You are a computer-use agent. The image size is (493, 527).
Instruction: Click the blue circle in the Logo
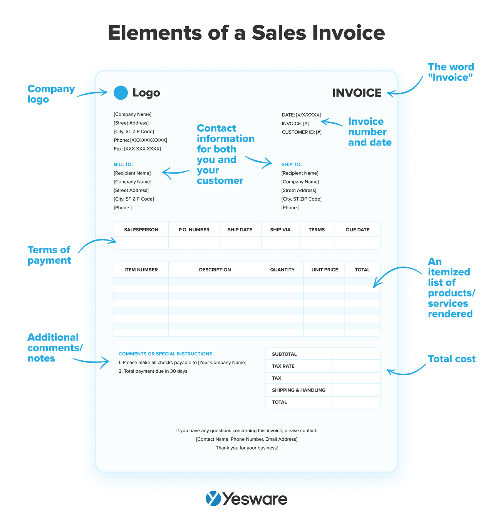121,93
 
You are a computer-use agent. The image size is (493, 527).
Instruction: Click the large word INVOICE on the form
357,93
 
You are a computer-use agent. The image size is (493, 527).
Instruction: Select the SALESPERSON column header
141,230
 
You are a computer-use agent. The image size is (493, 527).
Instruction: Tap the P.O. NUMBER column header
194,230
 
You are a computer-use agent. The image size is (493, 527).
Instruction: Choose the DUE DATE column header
357,230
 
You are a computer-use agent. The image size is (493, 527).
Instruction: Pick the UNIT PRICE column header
325,270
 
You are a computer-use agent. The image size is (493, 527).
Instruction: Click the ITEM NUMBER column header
141,270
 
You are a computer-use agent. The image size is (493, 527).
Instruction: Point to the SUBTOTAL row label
284,354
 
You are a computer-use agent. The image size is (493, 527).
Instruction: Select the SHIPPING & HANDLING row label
298,390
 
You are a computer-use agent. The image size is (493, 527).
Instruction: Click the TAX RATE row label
283,366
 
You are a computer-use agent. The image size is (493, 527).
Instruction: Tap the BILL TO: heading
123,164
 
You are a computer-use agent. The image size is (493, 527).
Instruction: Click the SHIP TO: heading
292,164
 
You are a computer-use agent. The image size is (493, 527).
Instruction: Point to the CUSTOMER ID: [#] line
302,132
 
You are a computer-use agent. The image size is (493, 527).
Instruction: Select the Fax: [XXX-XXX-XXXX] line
137,149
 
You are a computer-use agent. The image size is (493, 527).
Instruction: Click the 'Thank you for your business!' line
246,448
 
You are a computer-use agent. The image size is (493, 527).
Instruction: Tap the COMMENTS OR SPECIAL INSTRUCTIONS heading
165,354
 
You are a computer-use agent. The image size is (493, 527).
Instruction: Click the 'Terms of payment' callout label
49,255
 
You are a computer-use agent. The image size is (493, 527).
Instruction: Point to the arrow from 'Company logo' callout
92,93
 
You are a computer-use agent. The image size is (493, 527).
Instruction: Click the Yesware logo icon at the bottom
213,499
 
